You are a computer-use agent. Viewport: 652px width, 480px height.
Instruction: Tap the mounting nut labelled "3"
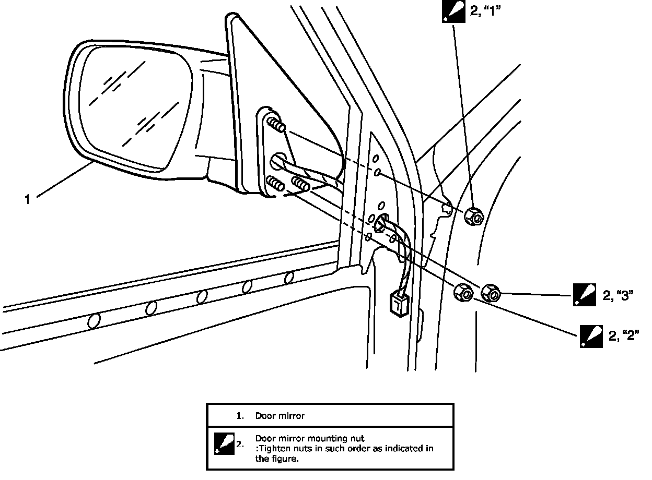[491, 293]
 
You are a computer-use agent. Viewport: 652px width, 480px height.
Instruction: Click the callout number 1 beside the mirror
[28, 199]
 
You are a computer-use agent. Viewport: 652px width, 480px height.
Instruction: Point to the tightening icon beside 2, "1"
[452, 11]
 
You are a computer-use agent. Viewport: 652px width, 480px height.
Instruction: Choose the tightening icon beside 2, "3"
[584, 294]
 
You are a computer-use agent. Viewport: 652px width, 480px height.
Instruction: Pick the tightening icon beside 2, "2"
[591, 337]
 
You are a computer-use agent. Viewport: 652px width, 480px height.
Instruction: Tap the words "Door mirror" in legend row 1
[280, 416]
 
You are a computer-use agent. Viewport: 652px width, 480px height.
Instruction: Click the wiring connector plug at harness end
[398, 303]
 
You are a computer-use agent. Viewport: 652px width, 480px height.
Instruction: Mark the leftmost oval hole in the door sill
[94, 320]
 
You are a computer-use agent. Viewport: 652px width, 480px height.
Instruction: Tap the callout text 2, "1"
[485, 11]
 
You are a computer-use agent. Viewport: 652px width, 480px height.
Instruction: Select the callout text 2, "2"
[624, 337]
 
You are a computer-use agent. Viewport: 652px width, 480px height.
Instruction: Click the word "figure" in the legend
[287, 459]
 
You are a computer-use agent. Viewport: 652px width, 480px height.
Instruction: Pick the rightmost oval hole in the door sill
[289, 278]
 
